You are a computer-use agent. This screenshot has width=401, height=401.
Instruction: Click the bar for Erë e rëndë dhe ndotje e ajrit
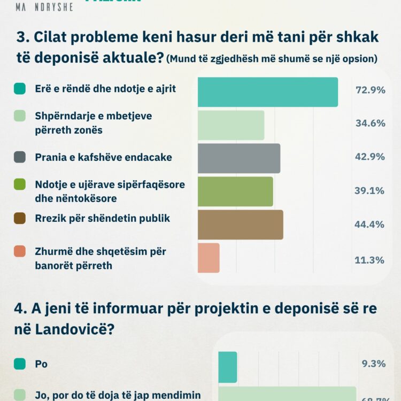pos(268,92)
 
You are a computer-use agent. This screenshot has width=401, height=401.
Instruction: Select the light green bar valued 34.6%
pos(231,125)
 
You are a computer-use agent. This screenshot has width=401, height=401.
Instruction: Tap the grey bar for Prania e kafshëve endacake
pos(239,158)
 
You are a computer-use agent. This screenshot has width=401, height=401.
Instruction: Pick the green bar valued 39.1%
pos(235,191)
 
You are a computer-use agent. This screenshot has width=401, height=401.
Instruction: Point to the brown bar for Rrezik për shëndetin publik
pos(240,225)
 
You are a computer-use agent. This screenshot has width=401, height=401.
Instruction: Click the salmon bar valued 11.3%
pos(209,258)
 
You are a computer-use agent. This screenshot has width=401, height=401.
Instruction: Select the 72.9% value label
pos(370,90)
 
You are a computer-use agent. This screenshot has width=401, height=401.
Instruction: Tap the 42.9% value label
pos(370,157)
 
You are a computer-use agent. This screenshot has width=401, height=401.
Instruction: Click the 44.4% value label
pos(370,224)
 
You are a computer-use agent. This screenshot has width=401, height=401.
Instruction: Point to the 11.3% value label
pos(370,260)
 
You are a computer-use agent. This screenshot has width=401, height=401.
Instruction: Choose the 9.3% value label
pos(373,364)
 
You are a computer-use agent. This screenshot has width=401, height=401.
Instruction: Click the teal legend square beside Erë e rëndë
pos(20,89)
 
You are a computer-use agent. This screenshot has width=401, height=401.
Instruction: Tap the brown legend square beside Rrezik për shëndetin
pos(20,218)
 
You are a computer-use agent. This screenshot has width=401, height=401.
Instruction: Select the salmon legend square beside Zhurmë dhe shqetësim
pos(20,251)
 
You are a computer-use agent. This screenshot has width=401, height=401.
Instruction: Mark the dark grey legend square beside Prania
pos(20,157)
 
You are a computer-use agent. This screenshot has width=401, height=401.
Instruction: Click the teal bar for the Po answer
pos(227,367)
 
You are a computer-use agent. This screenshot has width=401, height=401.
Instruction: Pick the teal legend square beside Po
pos(20,364)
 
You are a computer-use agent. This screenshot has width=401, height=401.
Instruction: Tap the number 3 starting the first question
pos(21,37)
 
